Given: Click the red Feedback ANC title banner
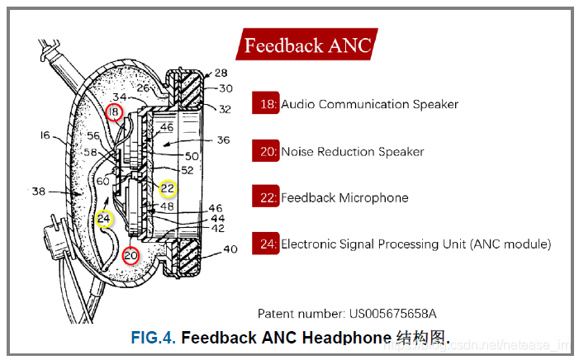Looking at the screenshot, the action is pos(306,45).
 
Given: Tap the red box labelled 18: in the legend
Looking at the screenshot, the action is pos(266,104).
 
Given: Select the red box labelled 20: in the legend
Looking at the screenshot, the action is pos(266,151).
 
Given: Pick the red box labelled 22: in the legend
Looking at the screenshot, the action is pos(266,197).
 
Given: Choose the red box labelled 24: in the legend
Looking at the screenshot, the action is pos(266,244).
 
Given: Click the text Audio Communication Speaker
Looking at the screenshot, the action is pos(369,105).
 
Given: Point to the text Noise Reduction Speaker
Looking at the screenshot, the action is pos(353,152).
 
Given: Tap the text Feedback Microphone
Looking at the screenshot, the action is pos(344,198).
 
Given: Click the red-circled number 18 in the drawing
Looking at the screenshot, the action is pos(114,111).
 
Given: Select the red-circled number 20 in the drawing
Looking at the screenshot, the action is pos(131,256).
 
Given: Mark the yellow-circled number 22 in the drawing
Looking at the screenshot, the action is pos(168,189).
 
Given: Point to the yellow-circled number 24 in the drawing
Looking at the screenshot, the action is pos(103,219).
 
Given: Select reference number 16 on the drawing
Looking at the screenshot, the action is pos(45,134).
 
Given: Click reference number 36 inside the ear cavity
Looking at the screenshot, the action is pos(222,140).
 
